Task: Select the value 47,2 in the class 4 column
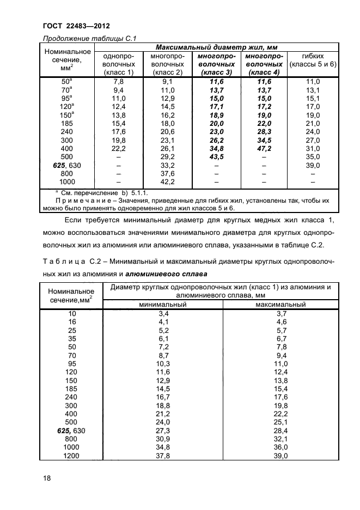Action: pyautogui.click(x=263, y=148)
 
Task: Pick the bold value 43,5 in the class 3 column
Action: pyautogui.click(x=215, y=156)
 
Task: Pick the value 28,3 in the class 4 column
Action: pyautogui.click(x=263, y=131)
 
